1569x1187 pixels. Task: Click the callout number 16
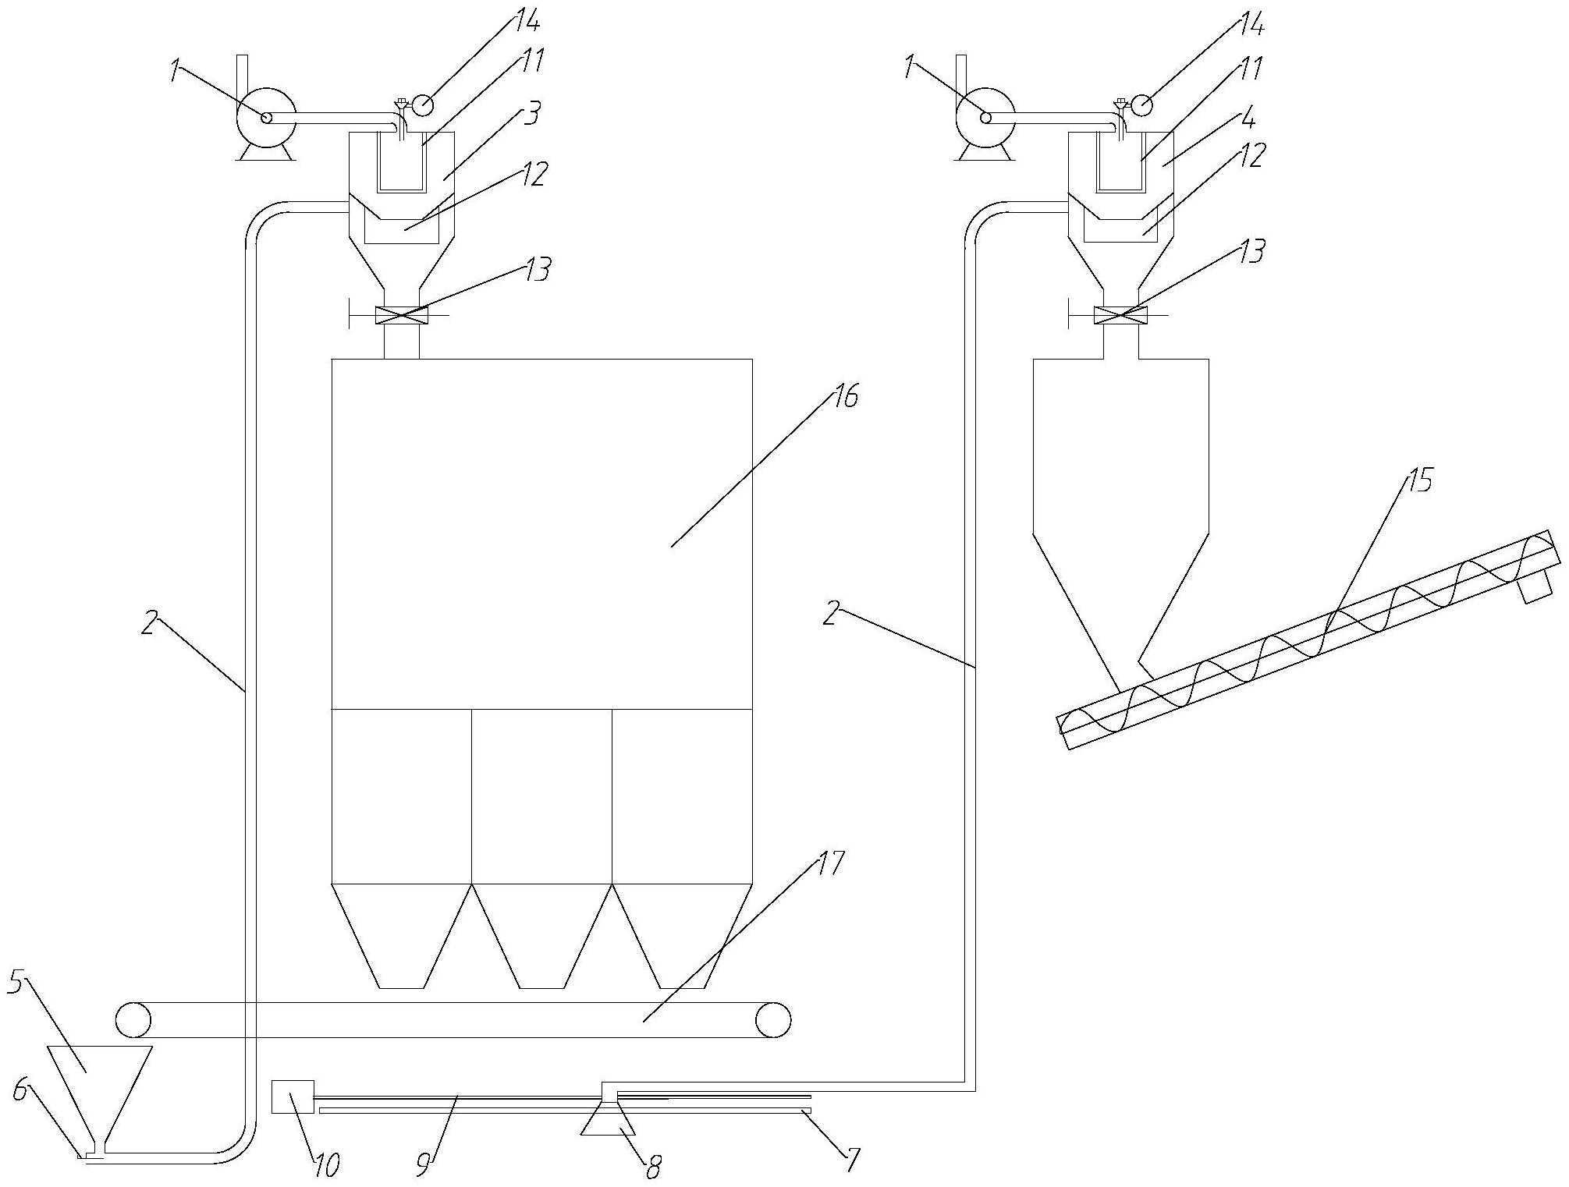(x=844, y=397)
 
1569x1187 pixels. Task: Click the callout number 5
(x=16, y=983)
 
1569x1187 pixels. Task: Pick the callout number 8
(x=652, y=1167)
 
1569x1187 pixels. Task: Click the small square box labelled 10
(x=293, y=1097)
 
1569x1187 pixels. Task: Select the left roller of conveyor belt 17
(x=133, y=1019)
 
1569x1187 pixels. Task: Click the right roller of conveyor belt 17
(x=772, y=1019)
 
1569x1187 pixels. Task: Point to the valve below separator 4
(x=1121, y=315)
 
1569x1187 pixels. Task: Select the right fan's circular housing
(x=985, y=117)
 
